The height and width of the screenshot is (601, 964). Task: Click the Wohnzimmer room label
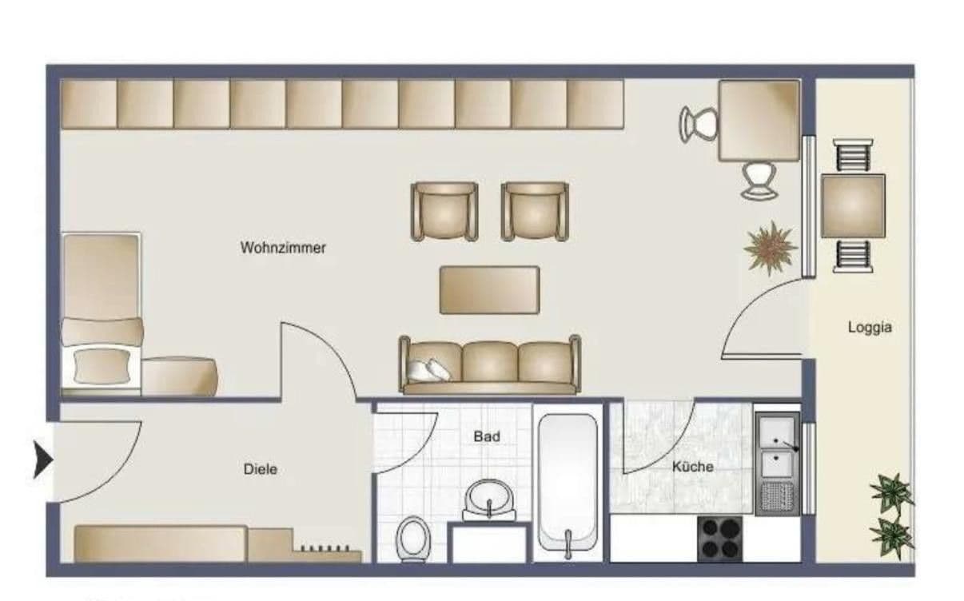(x=283, y=248)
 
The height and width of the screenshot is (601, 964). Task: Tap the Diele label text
(x=261, y=469)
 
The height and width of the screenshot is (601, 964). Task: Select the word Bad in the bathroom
(x=486, y=436)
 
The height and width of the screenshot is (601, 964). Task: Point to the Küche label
(x=692, y=466)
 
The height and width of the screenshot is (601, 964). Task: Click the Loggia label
(x=870, y=327)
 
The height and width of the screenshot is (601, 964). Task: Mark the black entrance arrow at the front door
(x=42, y=461)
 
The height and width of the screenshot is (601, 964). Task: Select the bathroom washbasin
(x=488, y=500)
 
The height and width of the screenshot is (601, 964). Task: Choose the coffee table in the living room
(x=489, y=289)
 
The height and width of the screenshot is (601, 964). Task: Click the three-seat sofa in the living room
(x=490, y=365)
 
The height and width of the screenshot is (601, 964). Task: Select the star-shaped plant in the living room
(x=770, y=248)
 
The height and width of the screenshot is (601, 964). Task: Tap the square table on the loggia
(x=853, y=205)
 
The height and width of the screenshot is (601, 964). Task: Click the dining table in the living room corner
(x=759, y=120)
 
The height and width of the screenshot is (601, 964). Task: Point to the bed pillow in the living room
(x=102, y=366)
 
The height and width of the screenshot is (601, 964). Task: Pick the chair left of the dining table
(x=697, y=124)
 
